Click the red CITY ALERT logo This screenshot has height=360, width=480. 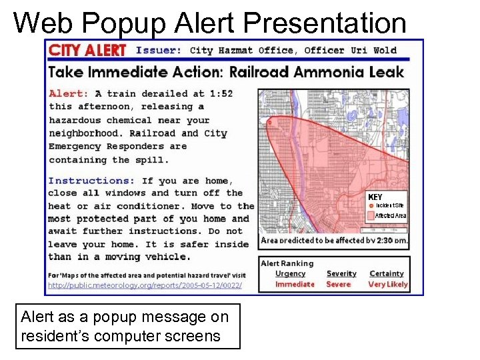pyautogui.click(x=87, y=51)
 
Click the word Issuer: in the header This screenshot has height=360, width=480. pyautogui.click(x=158, y=50)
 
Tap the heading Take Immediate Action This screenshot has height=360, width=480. pyautogui.click(x=145, y=71)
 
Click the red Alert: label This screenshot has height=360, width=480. pyautogui.click(x=69, y=94)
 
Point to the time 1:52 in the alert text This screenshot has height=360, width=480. pyautogui.click(x=219, y=94)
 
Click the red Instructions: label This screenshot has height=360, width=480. pyautogui.click(x=91, y=181)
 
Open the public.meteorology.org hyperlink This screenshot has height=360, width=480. pyautogui.click(x=143, y=285)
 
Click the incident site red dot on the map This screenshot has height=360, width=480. pyautogui.click(x=269, y=122)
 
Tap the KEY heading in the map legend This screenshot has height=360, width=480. pyautogui.click(x=375, y=197)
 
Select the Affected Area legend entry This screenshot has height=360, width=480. pyautogui.click(x=390, y=216)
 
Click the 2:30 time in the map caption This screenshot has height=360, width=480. pyautogui.click(x=385, y=240)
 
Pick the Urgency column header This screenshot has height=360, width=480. pyautogui.click(x=291, y=273)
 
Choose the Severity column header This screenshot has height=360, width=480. pyautogui.click(x=341, y=273)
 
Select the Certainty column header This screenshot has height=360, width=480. pyautogui.click(x=387, y=273)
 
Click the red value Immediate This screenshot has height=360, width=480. pyautogui.click(x=295, y=284)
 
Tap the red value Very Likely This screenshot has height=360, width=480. pyautogui.click(x=388, y=284)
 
